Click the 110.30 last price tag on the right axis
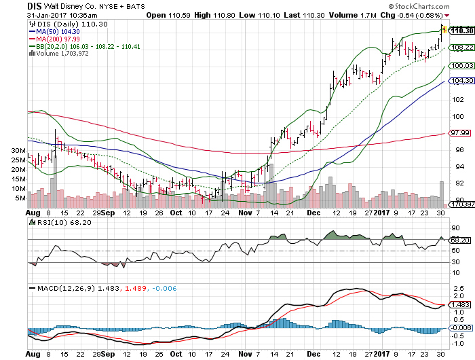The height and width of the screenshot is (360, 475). (x=461, y=31)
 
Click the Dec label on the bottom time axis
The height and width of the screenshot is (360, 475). (x=313, y=354)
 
